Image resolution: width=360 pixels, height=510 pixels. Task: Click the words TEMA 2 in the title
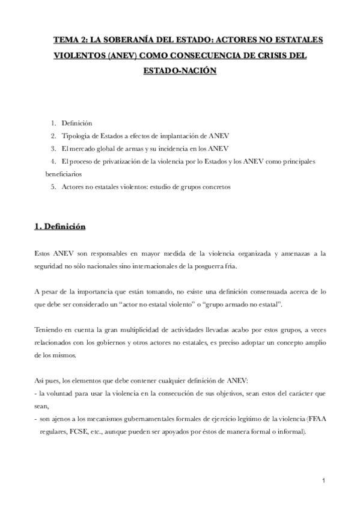coord(68,40)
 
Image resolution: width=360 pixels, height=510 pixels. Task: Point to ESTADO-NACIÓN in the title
coord(179,70)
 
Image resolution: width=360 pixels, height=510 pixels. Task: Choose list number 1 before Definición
coord(53,123)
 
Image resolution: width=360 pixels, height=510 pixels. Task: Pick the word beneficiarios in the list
coord(65,174)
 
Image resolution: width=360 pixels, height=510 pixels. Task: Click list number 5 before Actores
coord(53,187)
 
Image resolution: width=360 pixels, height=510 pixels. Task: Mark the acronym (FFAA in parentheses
coord(316,419)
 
